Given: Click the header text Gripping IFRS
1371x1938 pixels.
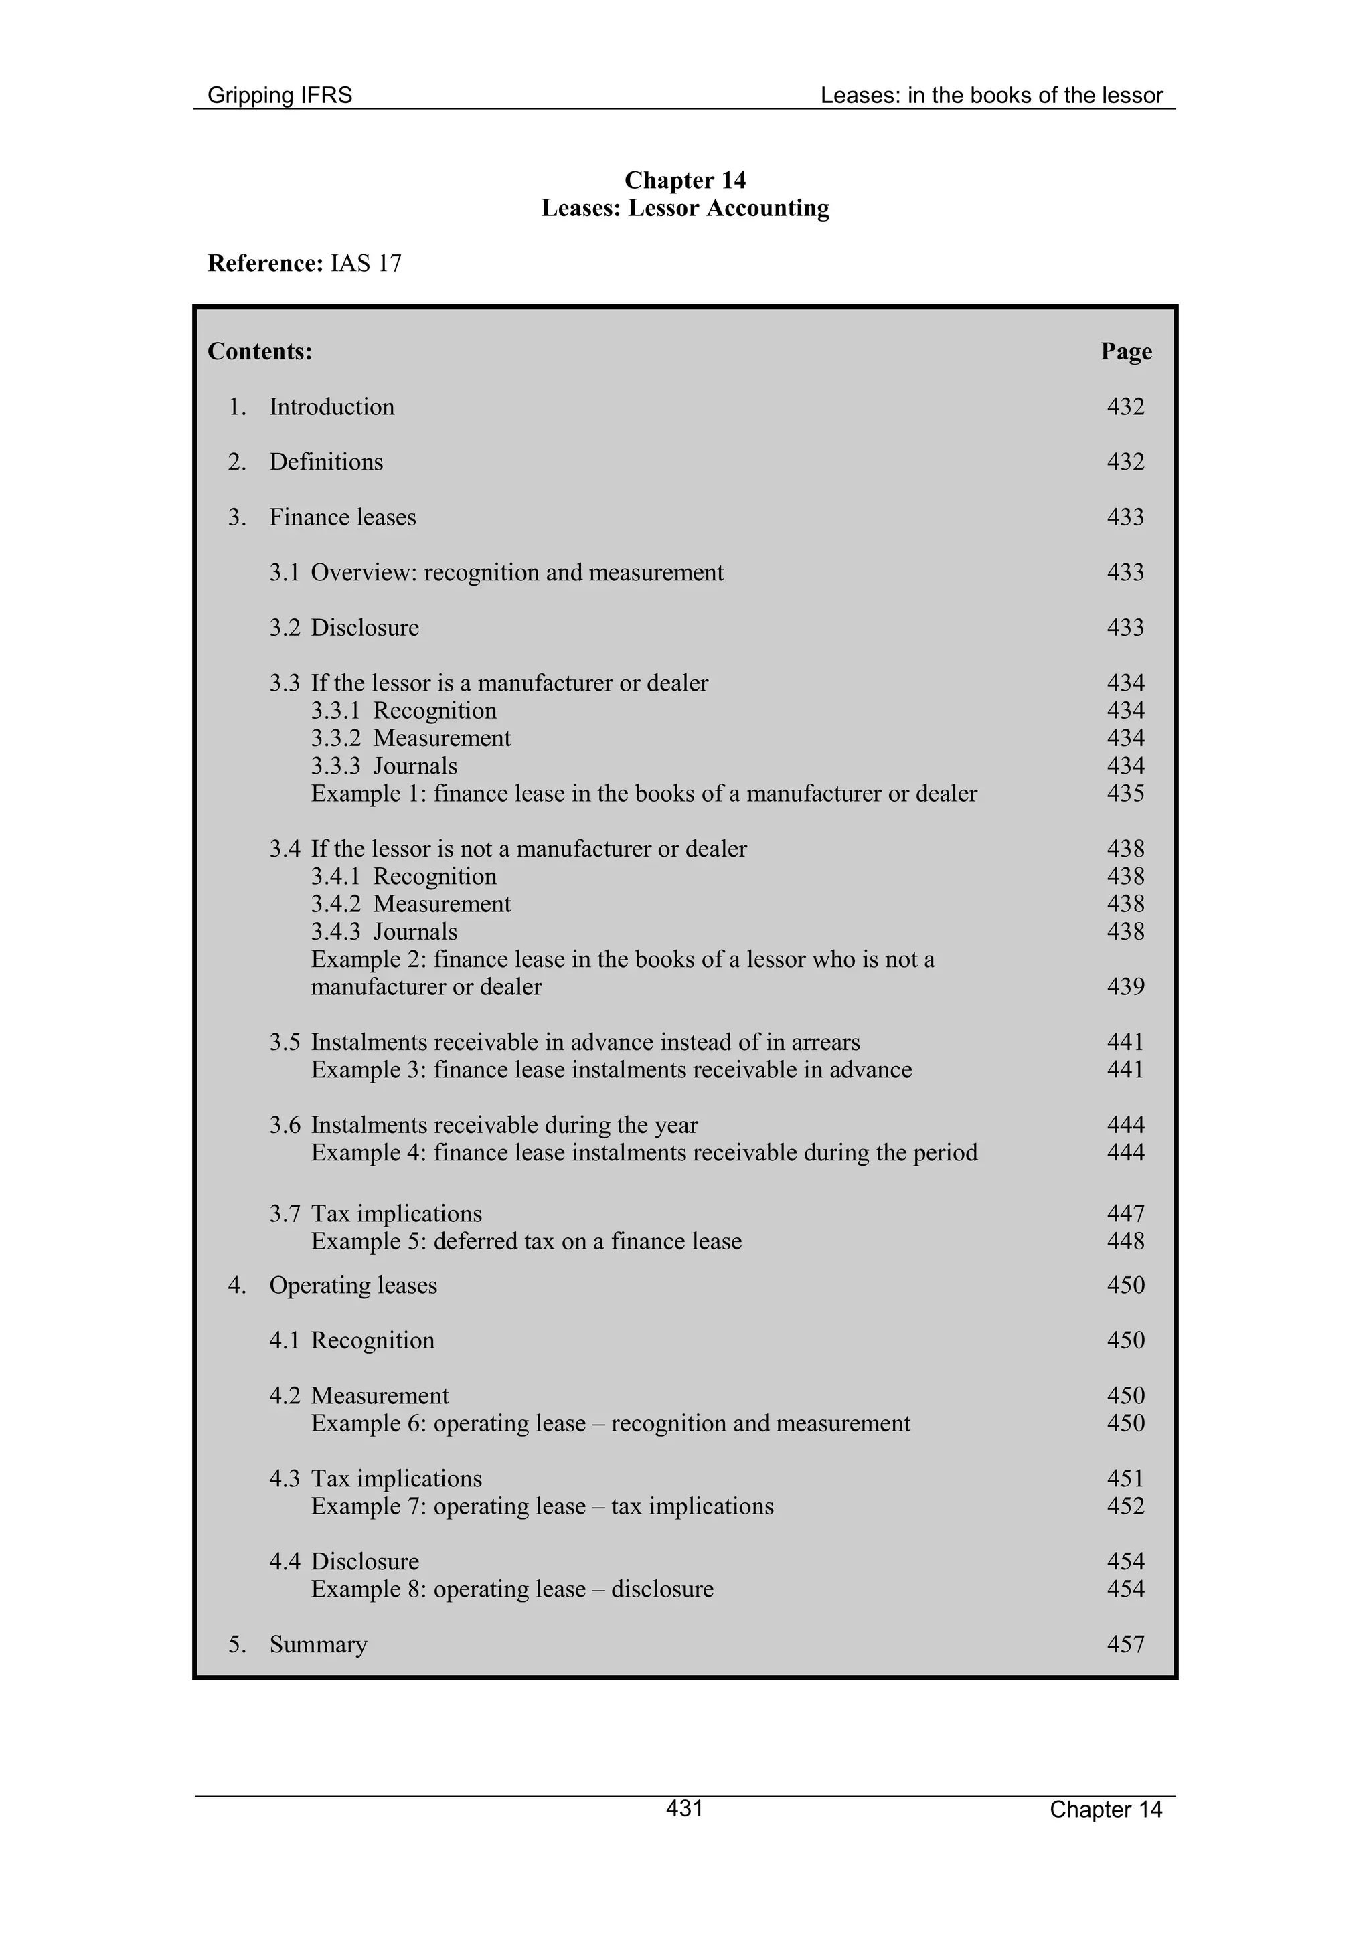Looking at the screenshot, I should point(279,96).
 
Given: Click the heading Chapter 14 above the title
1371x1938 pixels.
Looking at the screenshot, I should point(685,180).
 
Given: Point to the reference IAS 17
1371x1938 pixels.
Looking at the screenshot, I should point(366,264).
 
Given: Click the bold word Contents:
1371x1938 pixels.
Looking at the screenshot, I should point(260,351).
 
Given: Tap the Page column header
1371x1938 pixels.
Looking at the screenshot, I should point(1125,351).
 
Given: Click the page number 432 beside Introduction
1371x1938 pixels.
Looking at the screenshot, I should point(1125,407).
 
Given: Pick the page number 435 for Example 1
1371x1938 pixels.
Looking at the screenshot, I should point(1125,794).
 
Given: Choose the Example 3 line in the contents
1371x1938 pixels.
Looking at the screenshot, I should point(611,1069).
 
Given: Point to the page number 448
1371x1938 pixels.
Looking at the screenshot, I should point(1125,1241).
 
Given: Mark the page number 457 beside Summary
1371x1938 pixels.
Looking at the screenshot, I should point(1125,1644).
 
